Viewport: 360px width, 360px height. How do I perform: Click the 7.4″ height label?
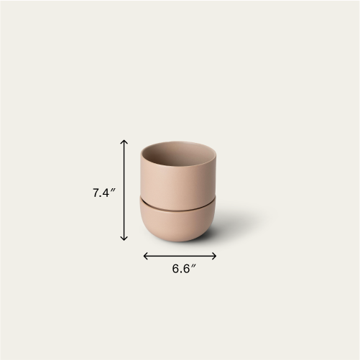103,193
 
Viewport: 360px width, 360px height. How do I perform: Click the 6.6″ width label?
184,269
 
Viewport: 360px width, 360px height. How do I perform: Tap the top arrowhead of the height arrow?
124,142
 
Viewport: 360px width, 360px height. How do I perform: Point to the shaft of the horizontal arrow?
180,255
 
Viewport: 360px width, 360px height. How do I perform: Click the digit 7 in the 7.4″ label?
96,193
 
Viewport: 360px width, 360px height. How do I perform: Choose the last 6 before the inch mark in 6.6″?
187,269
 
